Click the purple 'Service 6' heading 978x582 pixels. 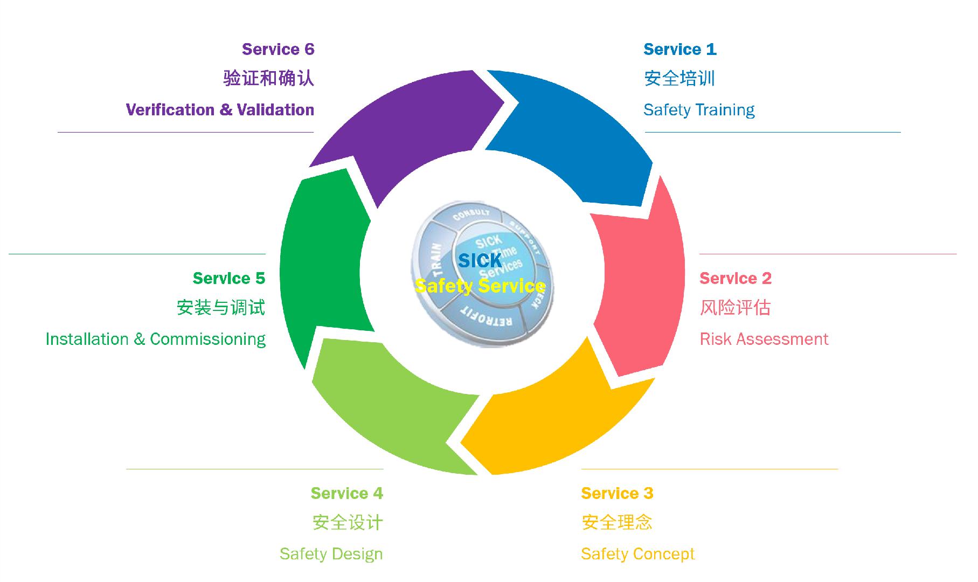click(278, 50)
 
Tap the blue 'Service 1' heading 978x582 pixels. click(679, 50)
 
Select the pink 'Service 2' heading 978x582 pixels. click(735, 279)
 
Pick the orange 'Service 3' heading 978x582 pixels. click(617, 494)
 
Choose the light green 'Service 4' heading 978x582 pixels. click(346, 494)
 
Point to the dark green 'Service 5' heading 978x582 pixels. click(229, 279)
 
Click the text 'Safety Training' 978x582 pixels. click(699, 110)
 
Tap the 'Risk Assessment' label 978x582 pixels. click(764, 339)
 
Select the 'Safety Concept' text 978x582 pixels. click(637, 554)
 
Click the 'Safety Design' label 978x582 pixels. click(331, 554)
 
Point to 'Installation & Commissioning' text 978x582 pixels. click(156, 339)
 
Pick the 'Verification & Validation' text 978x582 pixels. click(220, 110)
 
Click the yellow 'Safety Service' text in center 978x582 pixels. click(480, 286)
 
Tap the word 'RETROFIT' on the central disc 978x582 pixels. click(486, 318)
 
